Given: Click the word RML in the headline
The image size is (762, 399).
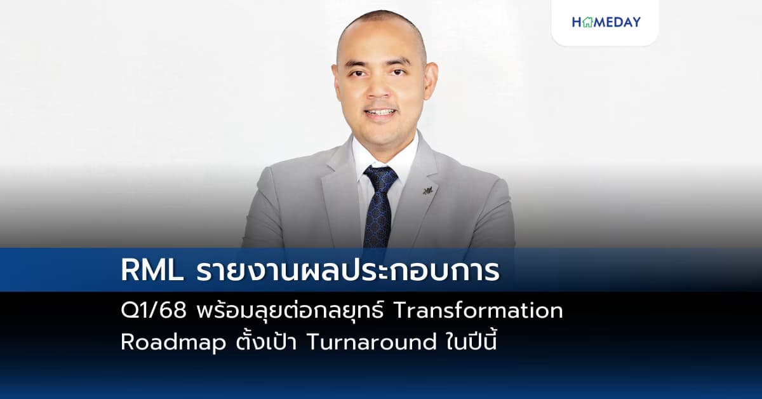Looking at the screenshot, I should (148, 271).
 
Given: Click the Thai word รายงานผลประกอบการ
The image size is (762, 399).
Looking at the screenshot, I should (347, 271).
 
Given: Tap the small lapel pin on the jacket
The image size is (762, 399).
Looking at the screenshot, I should (427, 189).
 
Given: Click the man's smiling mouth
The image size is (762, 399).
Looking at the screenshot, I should (381, 112).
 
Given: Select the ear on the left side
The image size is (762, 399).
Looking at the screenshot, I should (338, 83).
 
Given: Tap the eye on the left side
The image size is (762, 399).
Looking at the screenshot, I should (362, 73).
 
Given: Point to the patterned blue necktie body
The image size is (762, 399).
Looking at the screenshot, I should (378, 216).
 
